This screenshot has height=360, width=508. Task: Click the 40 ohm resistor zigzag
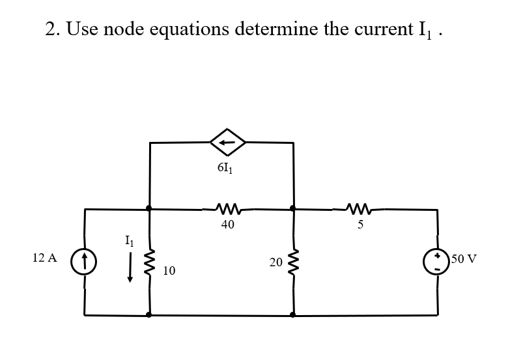pos(227,209)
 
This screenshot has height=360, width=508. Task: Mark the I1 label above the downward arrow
pos(130,242)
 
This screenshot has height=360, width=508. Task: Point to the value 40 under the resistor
pos(227,225)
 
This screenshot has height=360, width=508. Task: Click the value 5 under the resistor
pos(360,225)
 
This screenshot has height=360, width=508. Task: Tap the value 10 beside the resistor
pos(169,270)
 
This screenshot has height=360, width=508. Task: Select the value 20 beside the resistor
pos(275,262)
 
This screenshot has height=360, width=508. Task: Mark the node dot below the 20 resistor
pos(292,314)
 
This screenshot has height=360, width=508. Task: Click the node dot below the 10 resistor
pos(150,314)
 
